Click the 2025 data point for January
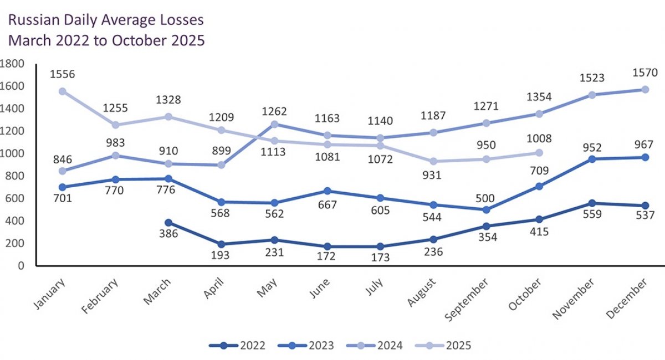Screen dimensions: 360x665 coord(63,91)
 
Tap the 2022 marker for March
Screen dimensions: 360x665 coord(168,223)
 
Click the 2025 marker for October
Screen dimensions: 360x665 coord(537,153)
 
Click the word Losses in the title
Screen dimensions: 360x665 coord(177,20)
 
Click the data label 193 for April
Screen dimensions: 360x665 coord(221,256)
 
